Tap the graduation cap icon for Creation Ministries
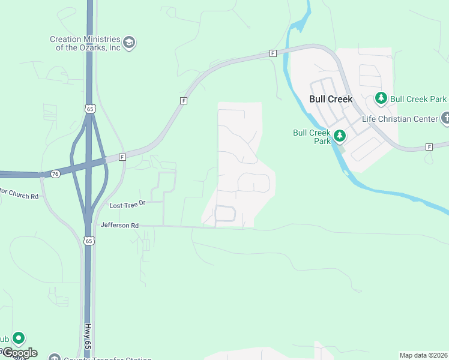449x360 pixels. (x=129, y=43)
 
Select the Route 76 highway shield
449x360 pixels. (x=55, y=174)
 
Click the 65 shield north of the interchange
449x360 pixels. (x=89, y=109)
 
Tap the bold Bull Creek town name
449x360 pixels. (x=330, y=99)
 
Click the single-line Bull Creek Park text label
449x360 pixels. (x=418, y=99)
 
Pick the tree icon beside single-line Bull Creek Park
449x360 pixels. (x=381, y=98)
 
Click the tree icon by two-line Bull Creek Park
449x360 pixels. (x=340, y=136)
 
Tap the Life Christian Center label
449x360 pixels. (x=400, y=119)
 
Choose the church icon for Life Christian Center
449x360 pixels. (x=445, y=119)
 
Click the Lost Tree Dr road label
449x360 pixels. (x=128, y=205)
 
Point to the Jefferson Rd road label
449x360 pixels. (x=119, y=226)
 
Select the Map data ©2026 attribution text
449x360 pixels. (x=423, y=355)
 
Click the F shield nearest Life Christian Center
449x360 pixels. (x=429, y=147)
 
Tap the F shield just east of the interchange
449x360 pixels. (x=122, y=157)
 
